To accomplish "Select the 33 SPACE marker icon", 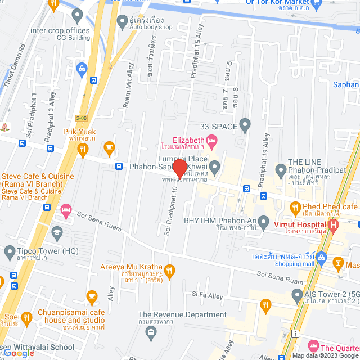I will pos(245,124).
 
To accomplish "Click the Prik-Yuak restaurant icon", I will pos(83,149).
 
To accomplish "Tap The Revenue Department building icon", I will pos(151,332).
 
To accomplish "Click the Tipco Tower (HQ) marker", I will pos(10,251).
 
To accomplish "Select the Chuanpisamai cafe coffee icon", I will pos(92,295).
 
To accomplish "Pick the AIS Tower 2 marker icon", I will pos(298,295).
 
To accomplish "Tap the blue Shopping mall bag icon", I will pos(321,258).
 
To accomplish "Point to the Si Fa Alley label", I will pos(208,294).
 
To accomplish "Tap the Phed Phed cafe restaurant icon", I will pos(295,208).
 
